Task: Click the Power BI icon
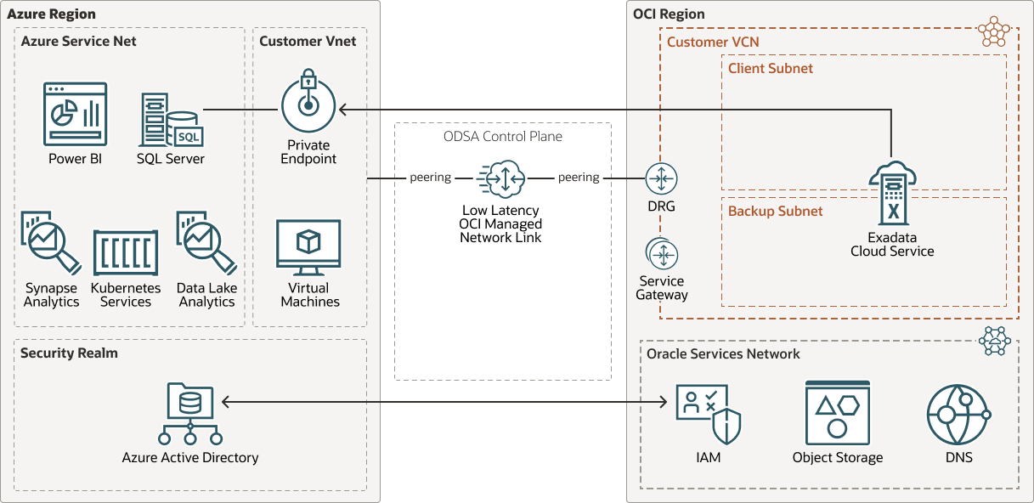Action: click(x=75, y=114)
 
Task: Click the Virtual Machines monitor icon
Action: click(x=308, y=247)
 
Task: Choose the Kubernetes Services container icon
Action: click(x=126, y=252)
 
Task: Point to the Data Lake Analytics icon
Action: click(x=206, y=241)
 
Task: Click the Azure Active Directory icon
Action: click(x=190, y=415)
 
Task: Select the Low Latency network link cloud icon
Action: click(x=501, y=178)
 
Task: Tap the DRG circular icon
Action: click(x=661, y=178)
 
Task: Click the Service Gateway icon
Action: click(x=661, y=254)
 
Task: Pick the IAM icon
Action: click(x=708, y=414)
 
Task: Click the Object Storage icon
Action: click(x=837, y=413)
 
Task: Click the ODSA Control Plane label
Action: click(x=502, y=136)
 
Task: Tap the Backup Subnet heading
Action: click(x=775, y=211)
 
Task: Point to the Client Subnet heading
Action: click(x=770, y=68)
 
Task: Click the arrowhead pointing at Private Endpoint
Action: click(x=342, y=110)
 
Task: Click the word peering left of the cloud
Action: click(x=430, y=178)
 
